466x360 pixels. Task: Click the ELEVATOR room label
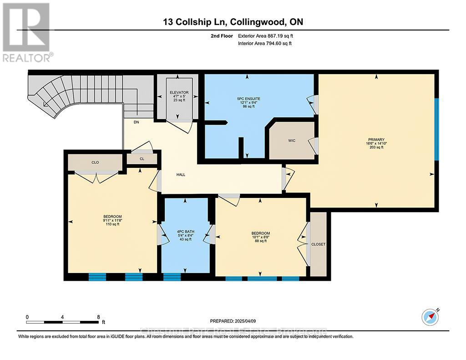(177, 92)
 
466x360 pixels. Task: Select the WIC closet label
(292, 140)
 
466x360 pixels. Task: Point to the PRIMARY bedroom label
(376, 139)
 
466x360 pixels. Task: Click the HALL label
(181, 174)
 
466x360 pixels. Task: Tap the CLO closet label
(95, 162)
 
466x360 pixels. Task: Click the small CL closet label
(142, 159)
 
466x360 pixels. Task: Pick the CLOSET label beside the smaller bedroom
(318, 244)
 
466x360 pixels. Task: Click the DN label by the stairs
(136, 122)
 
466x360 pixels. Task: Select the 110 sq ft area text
(112, 224)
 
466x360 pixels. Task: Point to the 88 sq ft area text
(260, 241)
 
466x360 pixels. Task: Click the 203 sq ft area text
(376, 147)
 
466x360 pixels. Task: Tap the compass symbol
(430, 316)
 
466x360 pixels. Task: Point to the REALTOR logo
(27, 32)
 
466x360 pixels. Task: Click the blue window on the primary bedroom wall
(436, 129)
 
